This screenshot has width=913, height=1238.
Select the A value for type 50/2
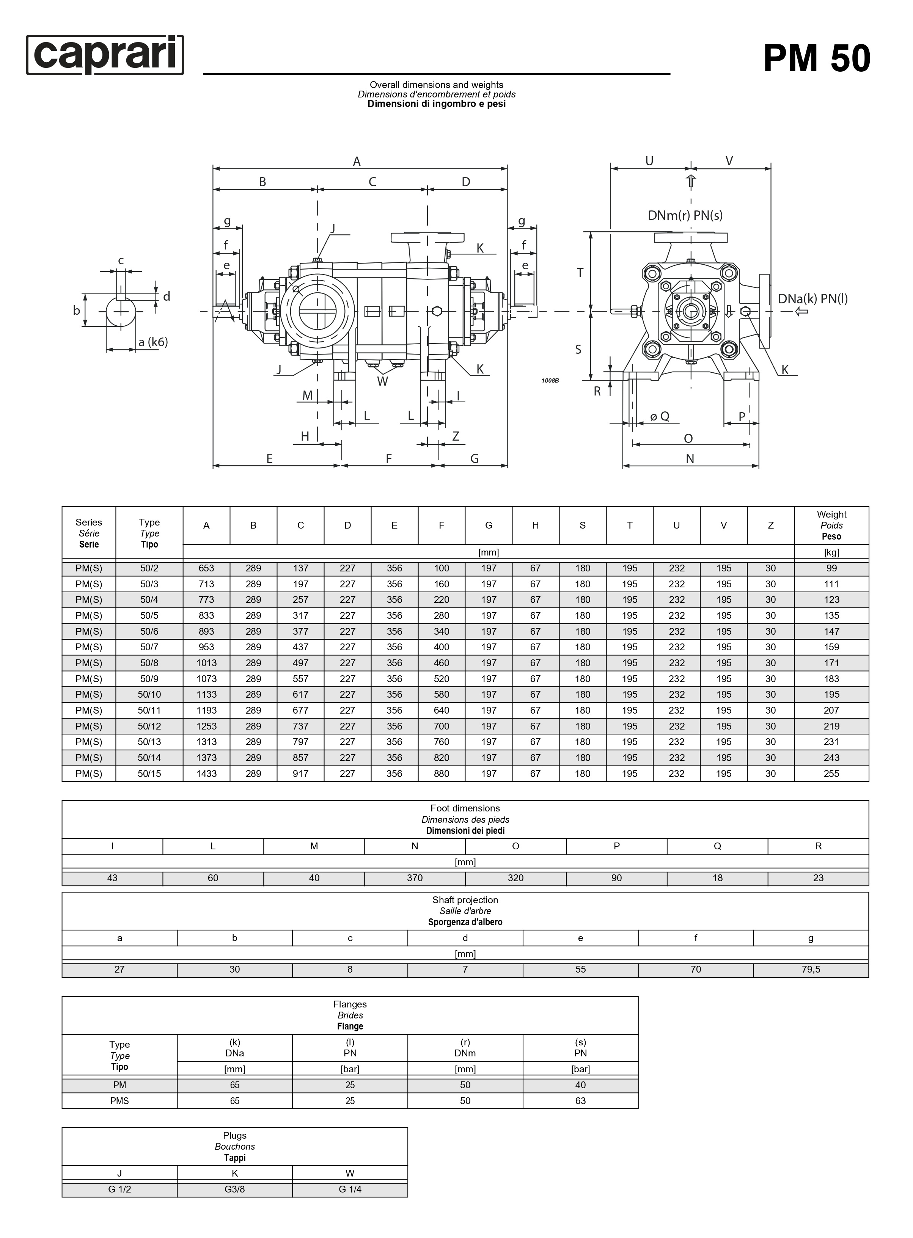(206, 568)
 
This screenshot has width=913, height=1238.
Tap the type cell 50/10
(149, 694)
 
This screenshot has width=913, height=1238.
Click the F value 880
(442, 774)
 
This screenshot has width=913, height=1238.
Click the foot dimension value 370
(415, 878)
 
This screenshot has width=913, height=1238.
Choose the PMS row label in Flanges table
(119, 1100)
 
